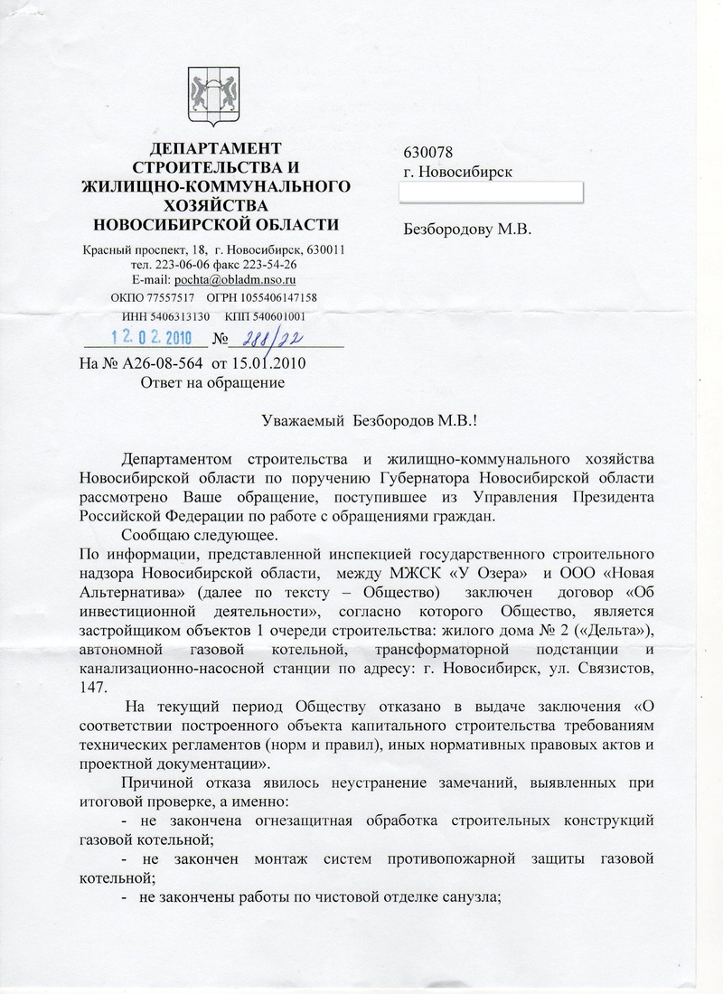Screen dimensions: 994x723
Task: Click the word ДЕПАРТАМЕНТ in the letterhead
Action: tap(215, 148)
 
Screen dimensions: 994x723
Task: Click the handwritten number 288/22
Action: tap(267, 338)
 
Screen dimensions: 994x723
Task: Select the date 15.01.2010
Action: tap(268, 364)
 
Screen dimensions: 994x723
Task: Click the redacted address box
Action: tap(492, 192)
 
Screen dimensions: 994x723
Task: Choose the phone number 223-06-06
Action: tap(185, 264)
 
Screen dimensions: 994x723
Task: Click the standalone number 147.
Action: tap(92, 686)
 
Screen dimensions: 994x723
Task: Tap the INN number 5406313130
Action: tap(180, 316)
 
